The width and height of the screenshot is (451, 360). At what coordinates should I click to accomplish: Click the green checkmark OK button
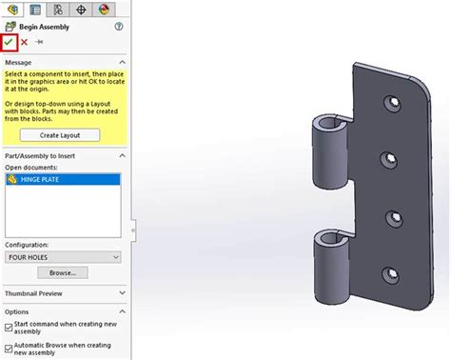[10, 43]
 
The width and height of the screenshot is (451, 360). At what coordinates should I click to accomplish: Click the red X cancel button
[25, 43]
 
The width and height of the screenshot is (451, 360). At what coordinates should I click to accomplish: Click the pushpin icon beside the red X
[39, 43]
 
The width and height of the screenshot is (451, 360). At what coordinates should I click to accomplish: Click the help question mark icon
[119, 27]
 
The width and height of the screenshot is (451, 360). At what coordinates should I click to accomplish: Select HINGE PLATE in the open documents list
[44, 178]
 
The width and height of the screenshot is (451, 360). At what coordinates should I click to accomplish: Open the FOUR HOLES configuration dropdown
[63, 256]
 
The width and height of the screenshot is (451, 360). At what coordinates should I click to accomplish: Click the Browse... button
[63, 272]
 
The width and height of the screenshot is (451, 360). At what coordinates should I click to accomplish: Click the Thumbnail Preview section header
[38, 293]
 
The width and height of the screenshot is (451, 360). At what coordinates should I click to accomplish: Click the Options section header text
[17, 311]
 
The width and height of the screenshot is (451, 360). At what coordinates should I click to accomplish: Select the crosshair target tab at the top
[81, 9]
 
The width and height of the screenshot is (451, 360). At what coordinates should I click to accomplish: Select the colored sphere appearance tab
[104, 9]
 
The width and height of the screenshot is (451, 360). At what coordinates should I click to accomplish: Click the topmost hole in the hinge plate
[389, 100]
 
